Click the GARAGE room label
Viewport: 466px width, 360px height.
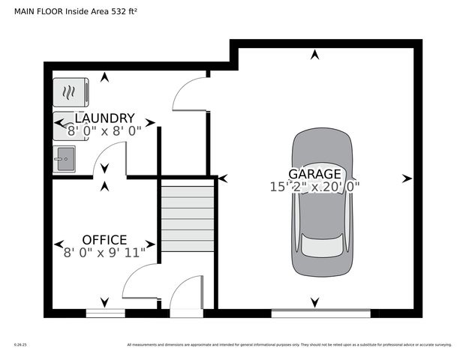tap(314, 173)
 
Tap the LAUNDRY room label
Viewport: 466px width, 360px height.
tap(104, 118)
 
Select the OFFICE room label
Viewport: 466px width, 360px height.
tap(104, 240)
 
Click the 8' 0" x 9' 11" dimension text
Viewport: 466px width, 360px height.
tap(104, 253)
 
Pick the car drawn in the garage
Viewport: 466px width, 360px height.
tap(323, 202)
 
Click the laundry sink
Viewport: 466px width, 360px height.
tap(65, 158)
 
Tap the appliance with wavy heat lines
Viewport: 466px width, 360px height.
tap(71, 92)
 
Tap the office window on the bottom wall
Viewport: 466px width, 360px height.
tap(105, 313)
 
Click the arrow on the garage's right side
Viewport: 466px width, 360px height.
tap(407, 178)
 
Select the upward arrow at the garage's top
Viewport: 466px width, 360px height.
tap(314, 54)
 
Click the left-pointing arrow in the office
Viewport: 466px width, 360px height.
tap(59, 244)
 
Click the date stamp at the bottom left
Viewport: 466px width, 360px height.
tap(20, 345)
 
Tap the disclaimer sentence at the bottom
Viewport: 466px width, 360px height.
tap(289, 345)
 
